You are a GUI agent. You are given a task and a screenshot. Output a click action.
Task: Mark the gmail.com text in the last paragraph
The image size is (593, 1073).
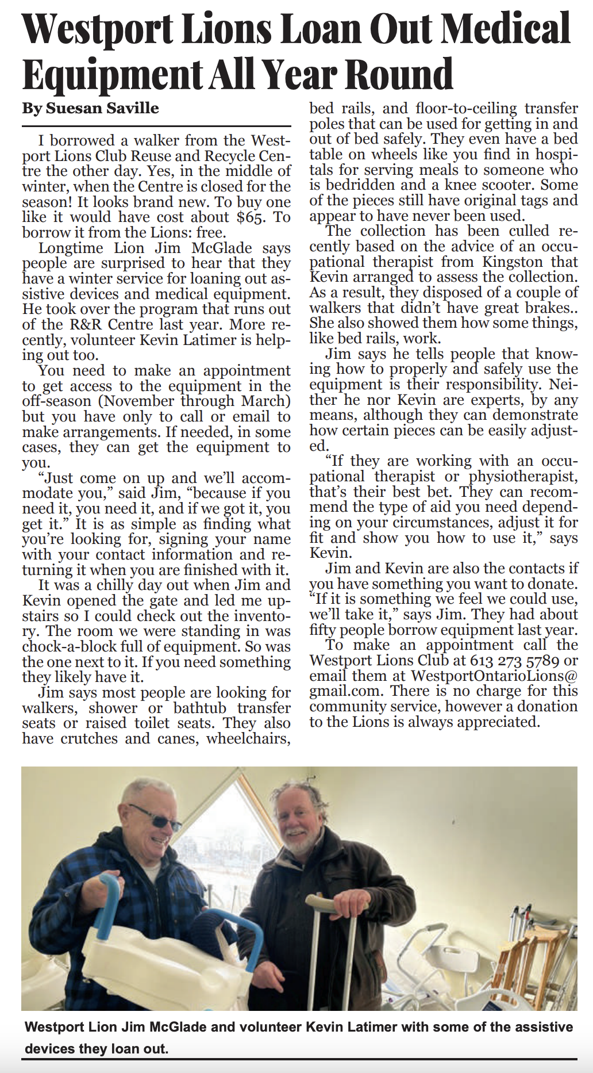pos(345,691)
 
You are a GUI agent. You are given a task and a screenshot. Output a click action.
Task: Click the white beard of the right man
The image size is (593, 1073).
pos(296,849)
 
